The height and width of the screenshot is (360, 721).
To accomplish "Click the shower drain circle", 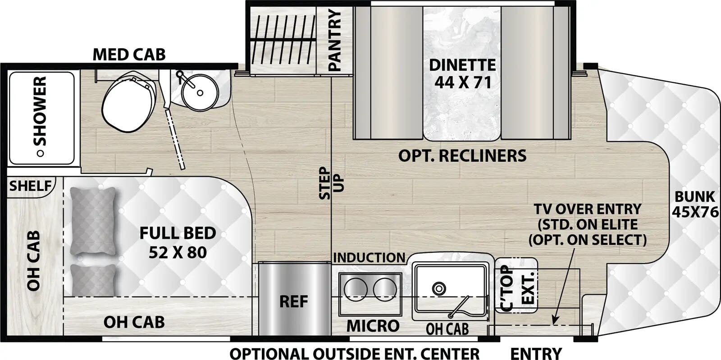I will [x=41, y=153].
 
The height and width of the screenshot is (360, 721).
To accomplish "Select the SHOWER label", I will [x=41, y=110].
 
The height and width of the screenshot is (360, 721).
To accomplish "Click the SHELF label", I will [x=30, y=185].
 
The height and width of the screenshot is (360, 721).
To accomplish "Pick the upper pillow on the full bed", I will [x=92, y=221].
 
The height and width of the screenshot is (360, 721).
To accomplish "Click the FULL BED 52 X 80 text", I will [x=178, y=242].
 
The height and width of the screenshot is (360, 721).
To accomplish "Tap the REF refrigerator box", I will [x=293, y=301].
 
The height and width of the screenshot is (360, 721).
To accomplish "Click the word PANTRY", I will [x=335, y=41].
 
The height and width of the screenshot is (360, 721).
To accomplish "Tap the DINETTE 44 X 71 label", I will [x=462, y=73].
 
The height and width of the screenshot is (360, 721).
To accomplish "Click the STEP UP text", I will [x=325, y=182].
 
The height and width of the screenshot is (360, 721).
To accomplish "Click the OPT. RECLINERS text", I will [x=462, y=156].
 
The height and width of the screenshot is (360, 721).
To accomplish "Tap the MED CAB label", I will [x=129, y=55].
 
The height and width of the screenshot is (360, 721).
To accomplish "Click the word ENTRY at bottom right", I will [x=536, y=353].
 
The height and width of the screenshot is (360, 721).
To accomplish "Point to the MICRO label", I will [x=373, y=325].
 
